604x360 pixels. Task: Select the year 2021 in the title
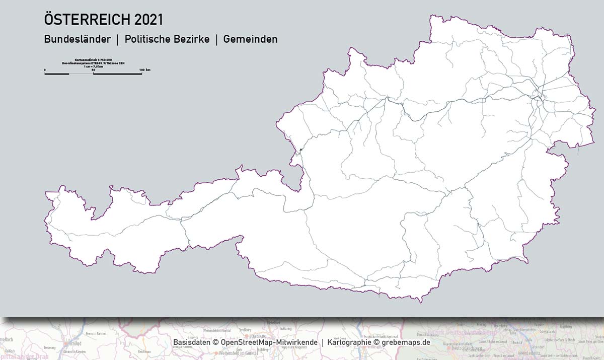[x=148, y=20]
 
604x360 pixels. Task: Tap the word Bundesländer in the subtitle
[x=77, y=39]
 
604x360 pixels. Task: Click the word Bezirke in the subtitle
[x=192, y=39]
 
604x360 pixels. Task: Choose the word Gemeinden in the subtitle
[x=250, y=39]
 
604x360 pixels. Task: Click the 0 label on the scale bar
[x=45, y=69]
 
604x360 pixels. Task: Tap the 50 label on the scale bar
[x=93, y=69]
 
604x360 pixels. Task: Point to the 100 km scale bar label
[x=144, y=69]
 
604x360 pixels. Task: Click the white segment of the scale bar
[x=81, y=74]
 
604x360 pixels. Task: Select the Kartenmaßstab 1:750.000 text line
[x=93, y=59]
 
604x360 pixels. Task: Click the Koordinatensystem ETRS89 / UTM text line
[x=93, y=63]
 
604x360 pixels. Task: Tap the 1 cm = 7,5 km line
[x=93, y=66]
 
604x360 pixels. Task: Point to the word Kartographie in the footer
[x=349, y=342]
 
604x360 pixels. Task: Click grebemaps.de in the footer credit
[x=406, y=342]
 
